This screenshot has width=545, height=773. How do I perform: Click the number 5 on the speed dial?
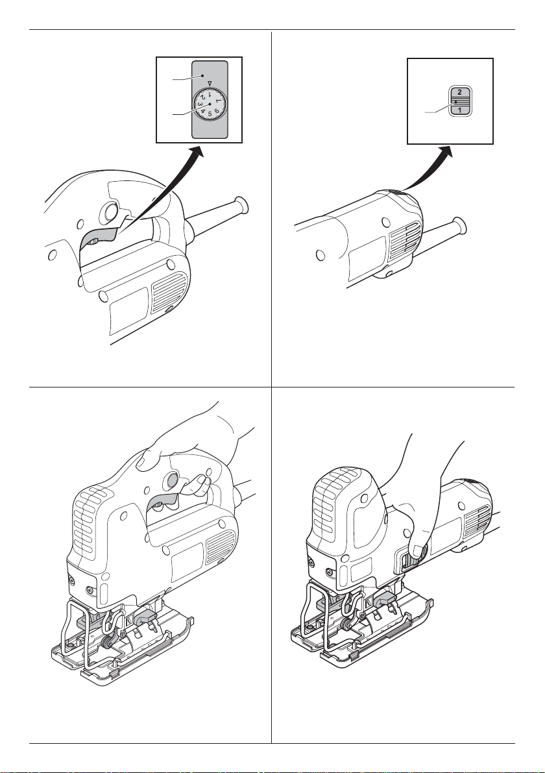tap(210, 114)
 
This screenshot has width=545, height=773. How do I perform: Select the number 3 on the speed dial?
tap(200, 104)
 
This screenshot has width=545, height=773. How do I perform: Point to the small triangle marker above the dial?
tap(210, 83)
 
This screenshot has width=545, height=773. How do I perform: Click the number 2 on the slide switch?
tap(460, 92)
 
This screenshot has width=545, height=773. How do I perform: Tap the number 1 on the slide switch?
tap(460, 110)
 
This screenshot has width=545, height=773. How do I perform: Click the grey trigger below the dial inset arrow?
tap(98, 237)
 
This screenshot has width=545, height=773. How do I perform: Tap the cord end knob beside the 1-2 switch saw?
tap(460, 226)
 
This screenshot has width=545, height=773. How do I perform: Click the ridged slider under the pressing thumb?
tap(409, 561)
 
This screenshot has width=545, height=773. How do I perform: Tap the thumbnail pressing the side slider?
tap(418, 551)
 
